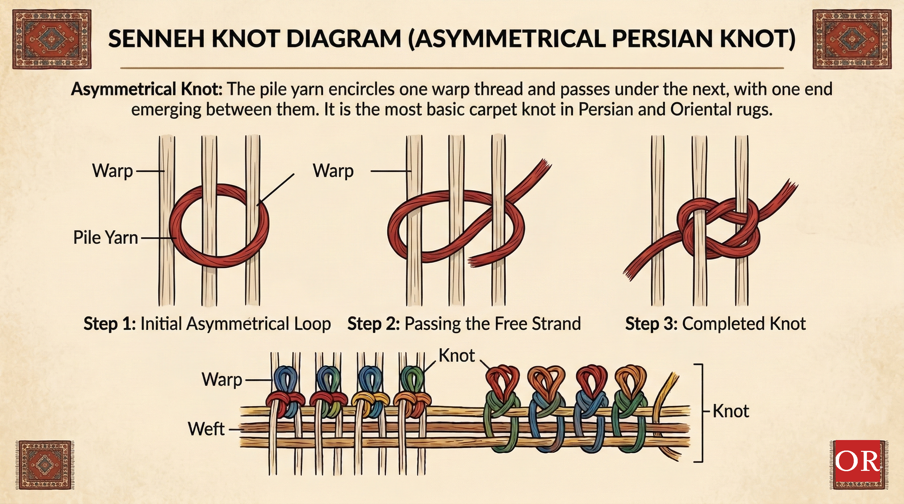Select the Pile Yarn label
coord(105,238)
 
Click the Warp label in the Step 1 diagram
coord(112,171)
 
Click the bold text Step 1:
coord(109,324)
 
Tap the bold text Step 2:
coord(373,324)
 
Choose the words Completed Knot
coord(744,324)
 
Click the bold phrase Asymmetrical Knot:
coord(147,89)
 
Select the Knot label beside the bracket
coord(731,411)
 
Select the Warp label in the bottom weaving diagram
coord(222,380)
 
